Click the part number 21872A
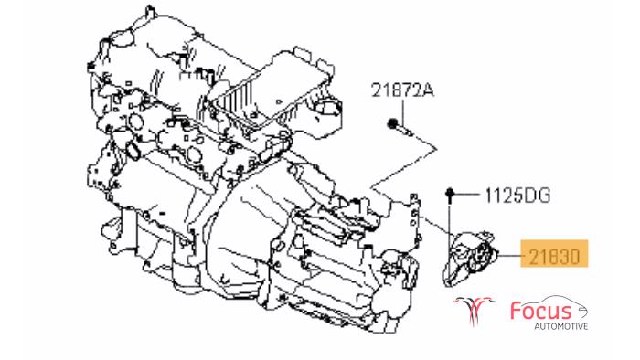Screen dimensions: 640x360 pyautogui.click(x=402, y=90)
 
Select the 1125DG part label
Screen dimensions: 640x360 pyautogui.click(x=517, y=196)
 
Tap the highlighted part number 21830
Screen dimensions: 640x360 pyautogui.click(x=554, y=257)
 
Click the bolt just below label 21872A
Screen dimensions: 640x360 pyautogui.click(x=400, y=127)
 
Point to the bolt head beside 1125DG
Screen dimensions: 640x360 pyautogui.click(x=450, y=193)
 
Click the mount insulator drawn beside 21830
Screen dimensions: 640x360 pyautogui.click(x=470, y=258)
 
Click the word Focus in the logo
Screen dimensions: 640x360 pyautogui.click(x=540, y=311)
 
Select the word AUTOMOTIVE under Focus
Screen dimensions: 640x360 pyautogui.click(x=561, y=326)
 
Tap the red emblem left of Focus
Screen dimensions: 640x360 pyautogui.click(x=475, y=310)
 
